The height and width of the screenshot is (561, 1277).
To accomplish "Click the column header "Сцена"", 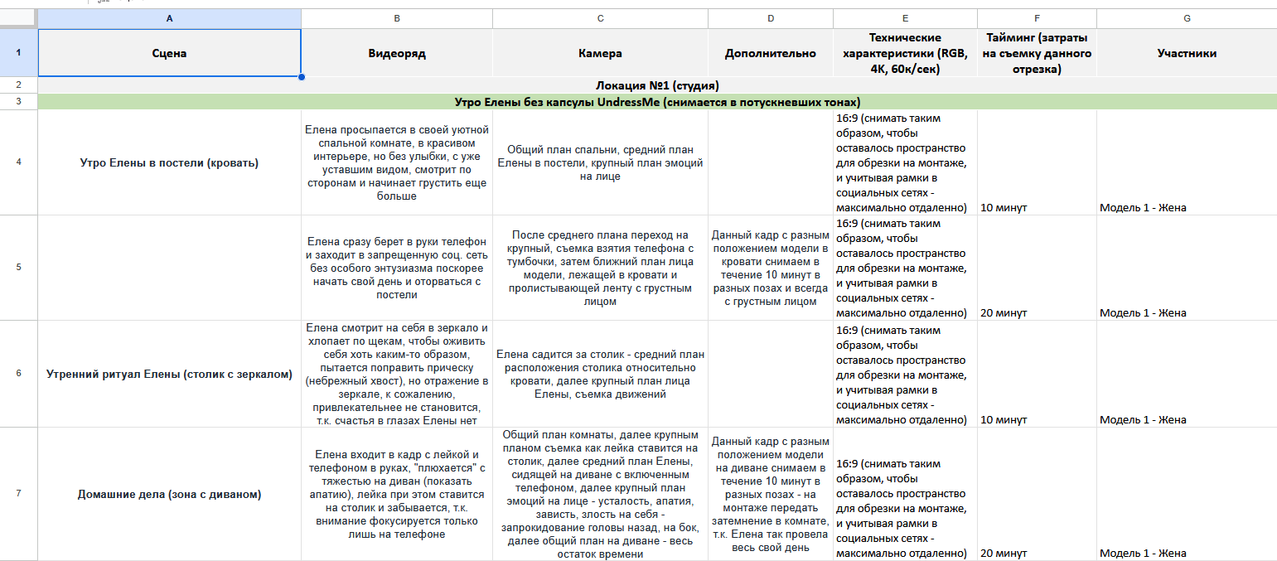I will (169, 53).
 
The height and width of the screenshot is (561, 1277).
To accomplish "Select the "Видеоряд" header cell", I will (396, 53).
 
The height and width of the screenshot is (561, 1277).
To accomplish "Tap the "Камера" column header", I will (600, 53).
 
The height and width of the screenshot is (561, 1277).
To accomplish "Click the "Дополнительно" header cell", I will (770, 53).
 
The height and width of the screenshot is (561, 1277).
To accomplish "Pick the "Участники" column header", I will (1186, 53).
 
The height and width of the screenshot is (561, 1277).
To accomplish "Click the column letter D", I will (771, 17).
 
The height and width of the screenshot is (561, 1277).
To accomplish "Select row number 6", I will (18, 373).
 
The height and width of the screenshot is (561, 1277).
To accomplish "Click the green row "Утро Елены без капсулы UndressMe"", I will (657, 102).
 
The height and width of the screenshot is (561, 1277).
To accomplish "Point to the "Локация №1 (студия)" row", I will (657, 85).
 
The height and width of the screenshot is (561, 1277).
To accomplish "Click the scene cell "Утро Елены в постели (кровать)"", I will (169, 162).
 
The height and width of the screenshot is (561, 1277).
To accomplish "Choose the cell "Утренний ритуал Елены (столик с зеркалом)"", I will (169, 374).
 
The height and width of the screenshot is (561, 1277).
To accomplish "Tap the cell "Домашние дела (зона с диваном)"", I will (169, 495).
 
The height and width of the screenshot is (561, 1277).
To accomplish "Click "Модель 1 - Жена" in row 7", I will (1143, 553).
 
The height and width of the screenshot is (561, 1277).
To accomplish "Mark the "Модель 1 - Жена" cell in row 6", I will (1143, 419).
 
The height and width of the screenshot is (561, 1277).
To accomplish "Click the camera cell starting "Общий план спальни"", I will (600, 162).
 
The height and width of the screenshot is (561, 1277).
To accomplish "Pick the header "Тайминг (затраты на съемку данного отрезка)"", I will (1037, 53).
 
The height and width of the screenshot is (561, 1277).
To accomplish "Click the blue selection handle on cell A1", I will (301, 77).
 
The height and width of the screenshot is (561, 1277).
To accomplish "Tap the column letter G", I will (1186, 17).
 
